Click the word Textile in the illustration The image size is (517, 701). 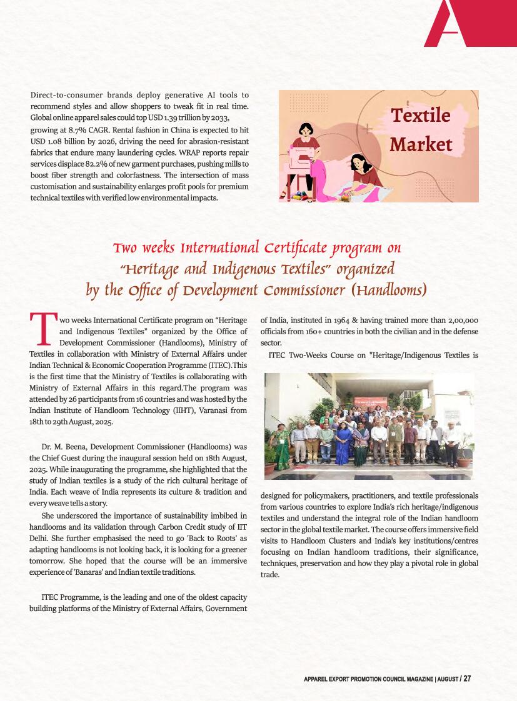[x=420, y=116]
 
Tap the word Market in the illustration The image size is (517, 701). [x=420, y=144]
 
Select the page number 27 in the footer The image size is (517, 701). [x=467, y=679]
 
